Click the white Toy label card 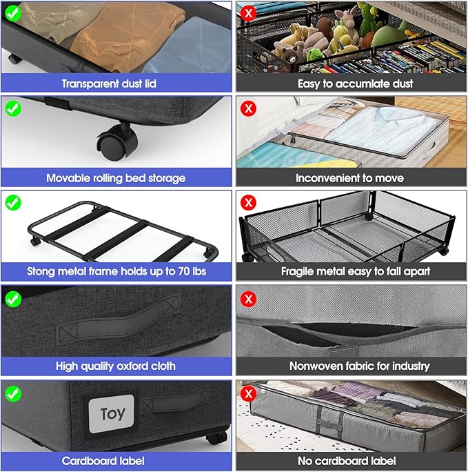click(112, 413)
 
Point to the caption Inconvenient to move click(350, 177)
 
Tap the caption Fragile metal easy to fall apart click(350, 271)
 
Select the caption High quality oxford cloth click(116, 366)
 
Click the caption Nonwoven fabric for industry click(350, 366)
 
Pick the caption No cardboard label click(350, 460)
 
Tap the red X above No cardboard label click(249, 393)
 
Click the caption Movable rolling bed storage click(116, 177)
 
